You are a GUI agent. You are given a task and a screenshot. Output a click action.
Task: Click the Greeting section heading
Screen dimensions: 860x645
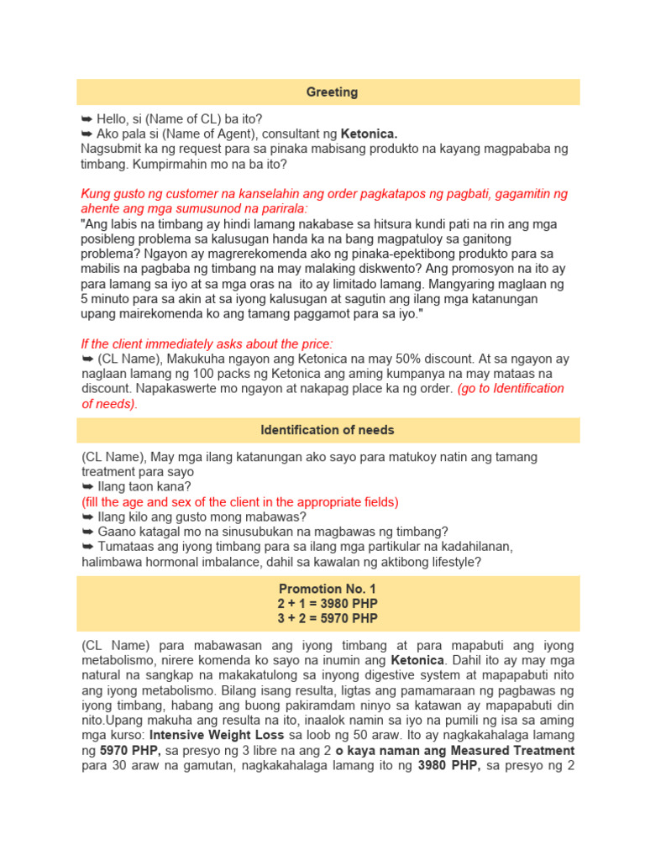click(332, 92)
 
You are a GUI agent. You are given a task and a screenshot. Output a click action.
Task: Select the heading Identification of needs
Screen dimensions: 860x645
click(328, 430)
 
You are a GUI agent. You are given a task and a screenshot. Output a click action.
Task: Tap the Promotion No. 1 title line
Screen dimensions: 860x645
click(328, 589)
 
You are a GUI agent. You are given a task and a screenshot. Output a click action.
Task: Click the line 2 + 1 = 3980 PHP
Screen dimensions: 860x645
click(328, 604)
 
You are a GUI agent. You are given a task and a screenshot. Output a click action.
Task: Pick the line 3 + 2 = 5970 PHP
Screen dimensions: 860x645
click(328, 619)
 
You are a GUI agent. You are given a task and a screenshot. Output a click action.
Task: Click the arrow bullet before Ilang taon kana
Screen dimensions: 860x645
click(87, 487)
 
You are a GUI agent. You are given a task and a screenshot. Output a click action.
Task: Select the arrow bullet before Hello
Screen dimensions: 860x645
click(87, 118)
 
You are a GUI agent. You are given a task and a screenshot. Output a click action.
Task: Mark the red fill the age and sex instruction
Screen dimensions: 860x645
click(240, 502)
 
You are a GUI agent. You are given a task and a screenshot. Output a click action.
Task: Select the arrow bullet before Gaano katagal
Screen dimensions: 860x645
click(87, 532)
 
